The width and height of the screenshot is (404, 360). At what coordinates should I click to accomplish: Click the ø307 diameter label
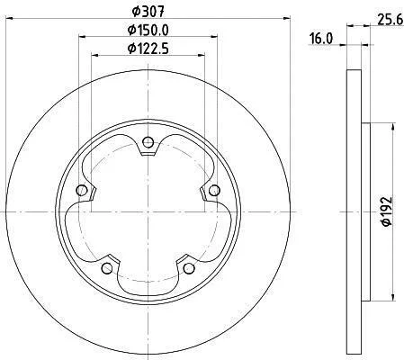tap(148, 12)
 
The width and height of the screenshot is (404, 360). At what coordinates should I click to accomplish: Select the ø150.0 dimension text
tap(148, 30)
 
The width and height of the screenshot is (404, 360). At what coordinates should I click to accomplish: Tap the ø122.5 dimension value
tap(148, 49)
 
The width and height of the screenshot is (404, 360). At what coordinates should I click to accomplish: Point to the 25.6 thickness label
tap(390, 21)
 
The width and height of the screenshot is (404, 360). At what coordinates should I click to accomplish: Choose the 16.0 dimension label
tap(321, 39)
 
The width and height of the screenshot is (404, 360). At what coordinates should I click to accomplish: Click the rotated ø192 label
tap(386, 211)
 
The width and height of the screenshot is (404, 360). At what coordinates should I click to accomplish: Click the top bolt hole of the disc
tap(148, 142)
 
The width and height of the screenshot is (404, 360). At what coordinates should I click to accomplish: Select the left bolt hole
tap(82, 190)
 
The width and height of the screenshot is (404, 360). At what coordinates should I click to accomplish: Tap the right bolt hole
tap(214, 190)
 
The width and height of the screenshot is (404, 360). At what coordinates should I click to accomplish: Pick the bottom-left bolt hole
tap(107, 268)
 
